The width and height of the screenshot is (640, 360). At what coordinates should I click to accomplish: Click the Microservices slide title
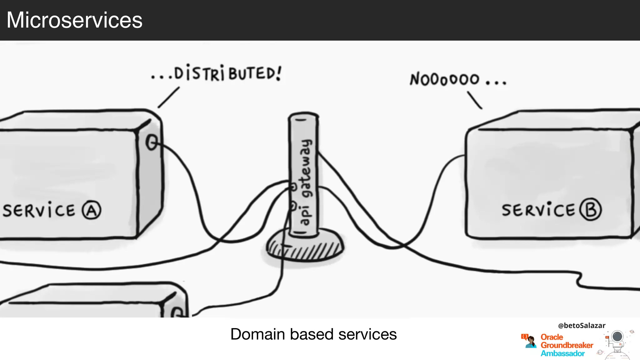pyautogui.click(x=74, y=20)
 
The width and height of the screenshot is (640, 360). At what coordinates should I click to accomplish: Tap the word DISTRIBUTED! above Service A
pyautogui.click(x=227, y=73)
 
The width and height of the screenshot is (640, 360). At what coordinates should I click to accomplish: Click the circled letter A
pyautogui.click(x=92, y=210)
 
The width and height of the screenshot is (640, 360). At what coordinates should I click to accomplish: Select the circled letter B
pyautogui.click(x=590, y=210)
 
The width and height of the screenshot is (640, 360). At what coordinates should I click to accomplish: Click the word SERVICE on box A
pyautogui.click(x=39, y=210)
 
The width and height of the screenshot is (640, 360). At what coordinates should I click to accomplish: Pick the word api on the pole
pyautogui.click(x=304, y=216)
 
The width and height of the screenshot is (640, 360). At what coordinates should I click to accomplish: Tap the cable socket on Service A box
pyautogui.click(x=152, y=142)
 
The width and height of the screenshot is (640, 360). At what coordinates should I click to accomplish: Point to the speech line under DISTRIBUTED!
pyautogui.click(x=168, y=97)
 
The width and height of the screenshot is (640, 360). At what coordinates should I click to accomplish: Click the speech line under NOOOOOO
pyautogui.click(x=475, y=100)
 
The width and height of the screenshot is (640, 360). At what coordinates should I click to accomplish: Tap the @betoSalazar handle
pyautogui.click(x=582, y=325)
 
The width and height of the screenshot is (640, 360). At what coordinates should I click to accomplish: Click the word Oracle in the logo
pyautogui.click(x=552, y=337)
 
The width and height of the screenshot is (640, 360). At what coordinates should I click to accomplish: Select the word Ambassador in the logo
pyautogui.click(x=562, y=353)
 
